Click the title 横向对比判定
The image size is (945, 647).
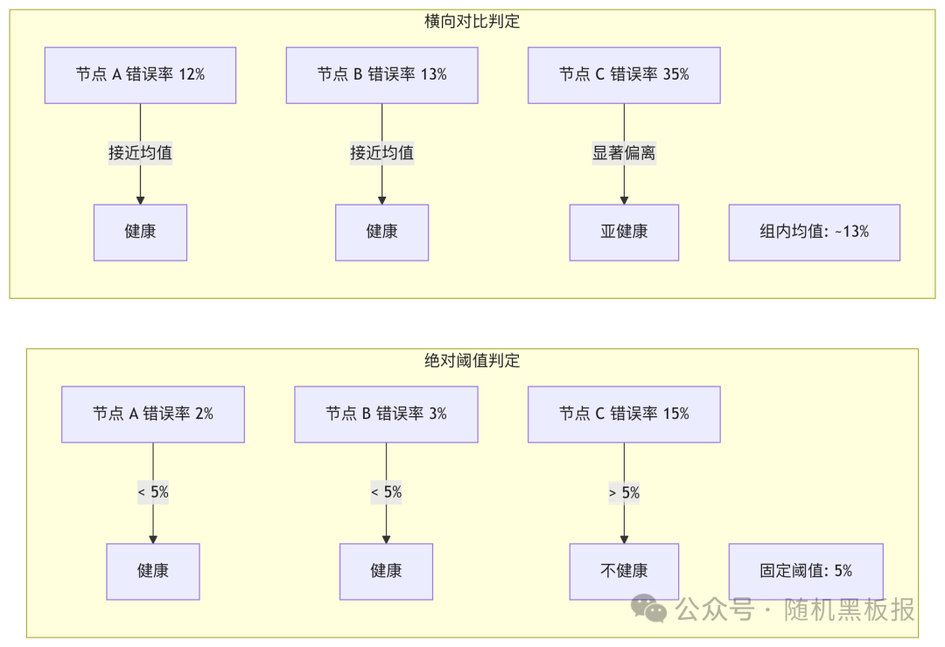[472, 22]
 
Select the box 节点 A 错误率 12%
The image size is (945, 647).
[140, 75]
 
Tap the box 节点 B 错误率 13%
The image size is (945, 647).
[381, 75]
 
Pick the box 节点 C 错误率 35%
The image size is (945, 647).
[624, 75]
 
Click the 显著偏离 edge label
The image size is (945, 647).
[624, 153]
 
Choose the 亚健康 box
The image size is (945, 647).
[624, 233]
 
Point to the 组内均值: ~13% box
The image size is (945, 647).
[814, 233]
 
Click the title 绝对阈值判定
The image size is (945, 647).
[472, 360]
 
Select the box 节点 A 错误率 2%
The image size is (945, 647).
[153, 414]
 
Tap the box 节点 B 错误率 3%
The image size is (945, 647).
[386, 414]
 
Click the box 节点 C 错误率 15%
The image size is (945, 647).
[624, 414]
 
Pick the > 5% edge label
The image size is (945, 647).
[624, 492]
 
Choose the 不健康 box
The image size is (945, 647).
[624, 572]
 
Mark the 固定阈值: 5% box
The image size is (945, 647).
[805, 572]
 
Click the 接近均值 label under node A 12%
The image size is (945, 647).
[140, 153]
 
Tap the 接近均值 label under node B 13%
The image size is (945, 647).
[381, 153]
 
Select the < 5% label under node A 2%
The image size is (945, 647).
[153, 492]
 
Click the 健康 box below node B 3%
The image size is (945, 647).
[386, 572]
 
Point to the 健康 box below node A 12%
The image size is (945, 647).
[140, 233]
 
